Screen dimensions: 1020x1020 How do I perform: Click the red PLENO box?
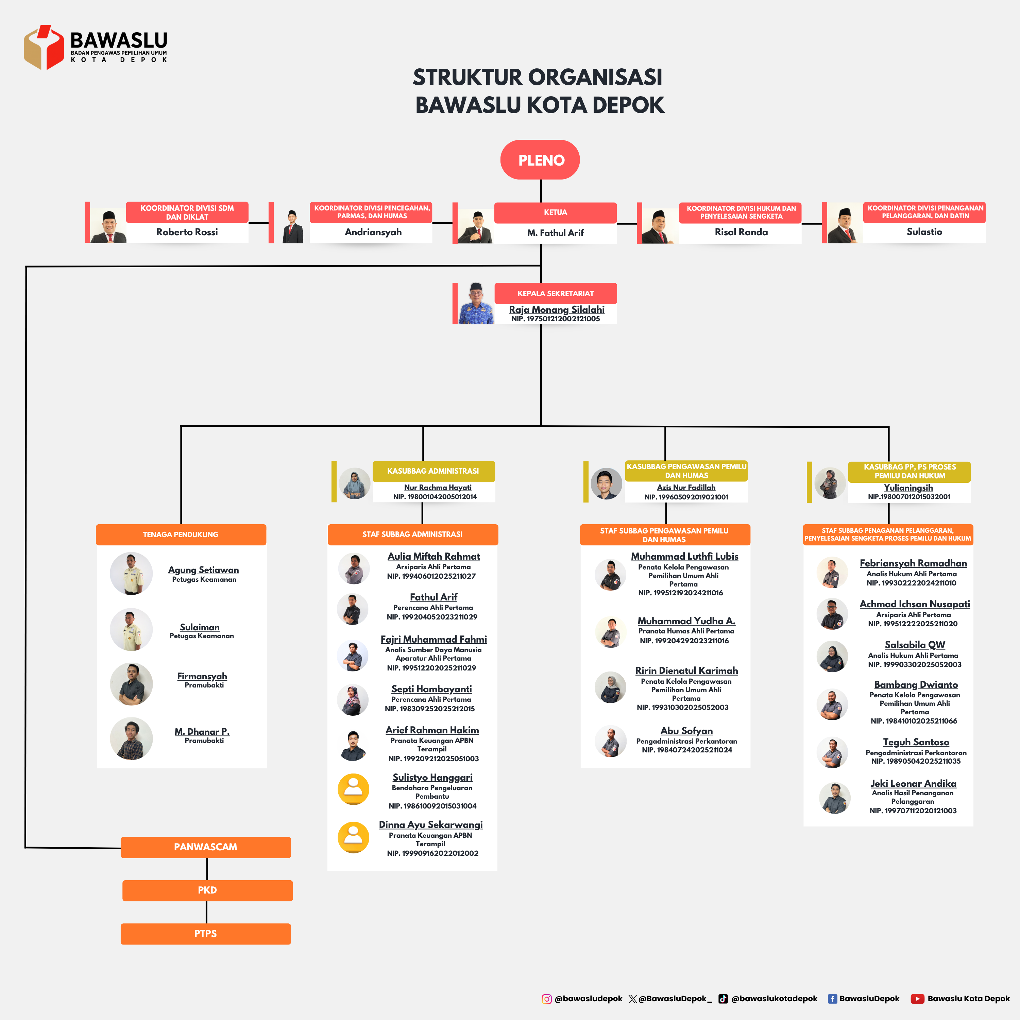pyautogui.click(x=540, y=159)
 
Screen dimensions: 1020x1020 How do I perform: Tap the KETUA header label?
pyautogui.click(x=556, y=212)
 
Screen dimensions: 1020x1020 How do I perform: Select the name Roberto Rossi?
pyautogui.click(x=187, y=232)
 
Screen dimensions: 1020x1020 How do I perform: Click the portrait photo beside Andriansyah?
pyautogui.click(x=292, y=226)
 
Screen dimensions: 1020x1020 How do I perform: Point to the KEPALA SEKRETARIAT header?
pyautogui.click(x=556, y=293)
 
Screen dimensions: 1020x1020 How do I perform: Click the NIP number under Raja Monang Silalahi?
pyautogui.click(x=556, y=319)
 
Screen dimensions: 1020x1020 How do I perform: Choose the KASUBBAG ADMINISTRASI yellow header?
pyautogui.click(x=434, y=471)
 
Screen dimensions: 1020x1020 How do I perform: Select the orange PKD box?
pyautogui.click(x=207, y=890)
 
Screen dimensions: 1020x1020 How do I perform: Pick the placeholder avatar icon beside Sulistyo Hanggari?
pyautogui.click(x=353, y=789)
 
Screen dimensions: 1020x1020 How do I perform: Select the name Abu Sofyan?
pyautogui.click(x=686, y=731)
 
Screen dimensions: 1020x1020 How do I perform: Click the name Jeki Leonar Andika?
pyautogui.click(x=913, y=783)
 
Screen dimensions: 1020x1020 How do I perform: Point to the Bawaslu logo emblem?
pyautogui.click(x=44, y=48)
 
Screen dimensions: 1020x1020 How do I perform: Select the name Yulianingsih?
pyautogui.click(x=908, y=488)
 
